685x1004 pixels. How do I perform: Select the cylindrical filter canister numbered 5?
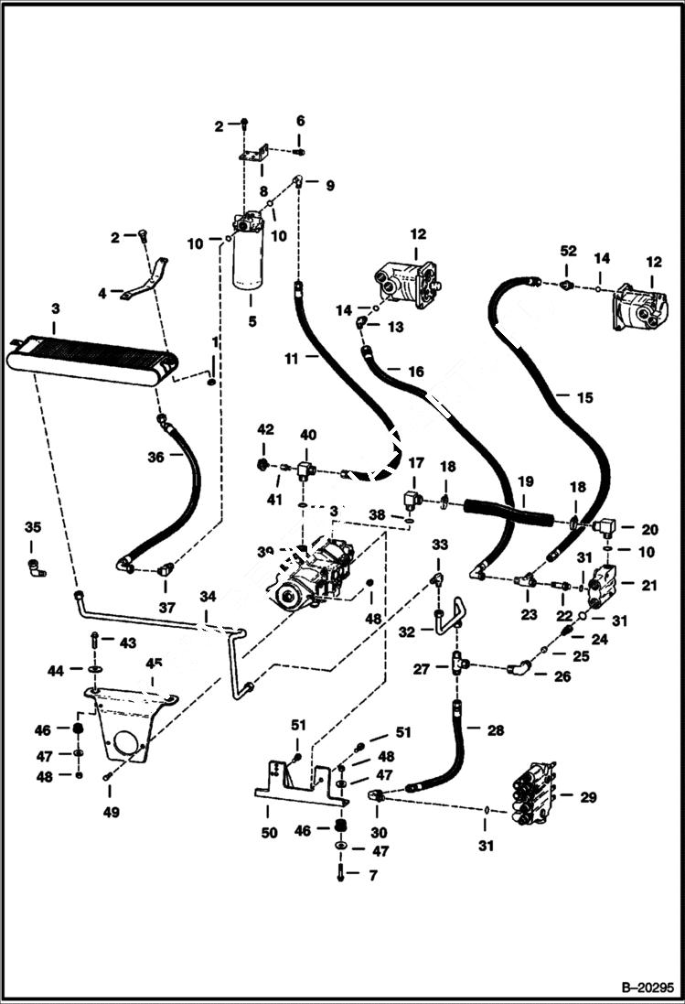[x=248, y=265]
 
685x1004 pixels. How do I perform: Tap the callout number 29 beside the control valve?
[x=587, y=797]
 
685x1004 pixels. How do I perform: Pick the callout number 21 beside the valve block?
[x=648, y=585]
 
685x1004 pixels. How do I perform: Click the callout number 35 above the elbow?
[x=33, y=527]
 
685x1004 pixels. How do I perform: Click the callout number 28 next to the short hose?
[x=495, y=730]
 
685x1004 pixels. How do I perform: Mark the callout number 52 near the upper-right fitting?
[x=567, y=251]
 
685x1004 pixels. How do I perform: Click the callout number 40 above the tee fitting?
[x=308, y=434]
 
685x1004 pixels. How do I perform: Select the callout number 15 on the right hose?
[x=585, y=397]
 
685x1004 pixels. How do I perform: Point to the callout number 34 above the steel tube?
[x=209, y=597]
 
